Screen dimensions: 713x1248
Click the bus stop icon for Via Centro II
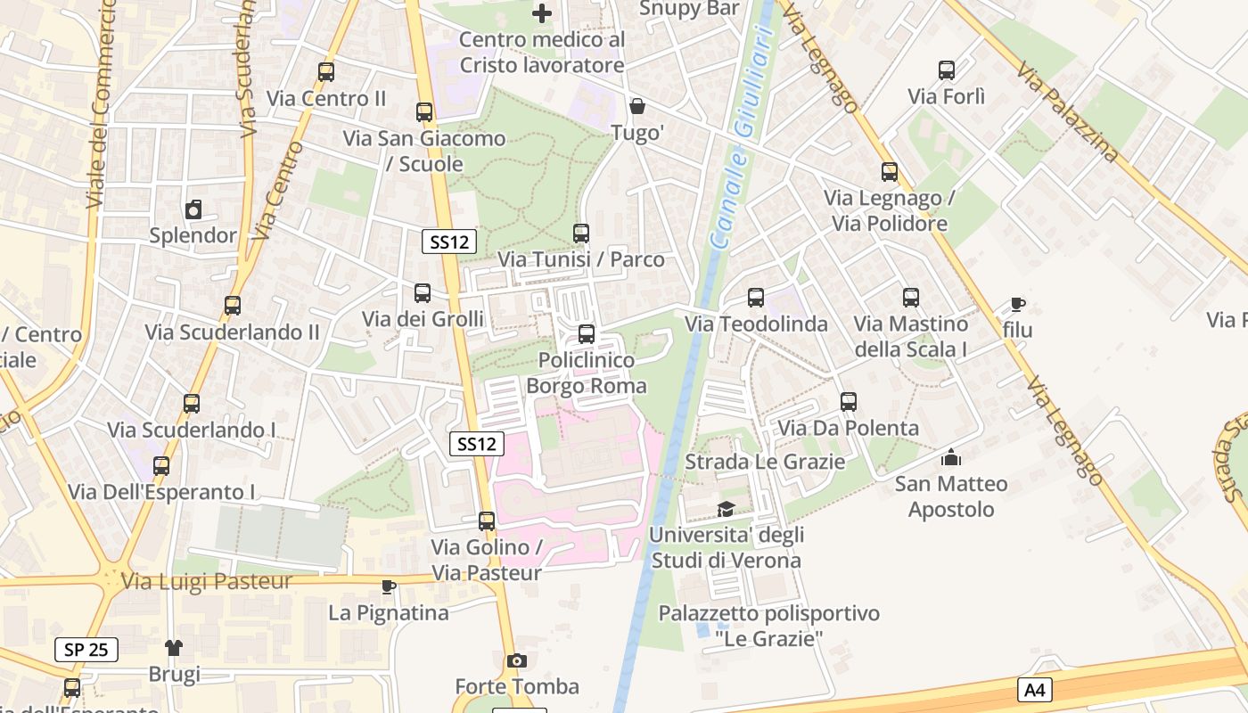coord(326,72)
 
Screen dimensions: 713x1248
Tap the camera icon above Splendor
coord(193,210)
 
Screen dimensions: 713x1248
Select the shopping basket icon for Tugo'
coord(637,107)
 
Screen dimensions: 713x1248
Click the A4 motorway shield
coord(1035,689)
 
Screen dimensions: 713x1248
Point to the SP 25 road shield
coord(86,650)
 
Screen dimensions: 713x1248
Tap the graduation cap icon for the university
coord(727,509)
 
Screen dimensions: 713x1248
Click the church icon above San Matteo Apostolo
coord(951,458)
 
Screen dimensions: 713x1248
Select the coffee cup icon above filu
coord(1017,305)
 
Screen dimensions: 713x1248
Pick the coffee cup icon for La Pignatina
coord(388,586)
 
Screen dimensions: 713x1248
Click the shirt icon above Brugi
coord(174,647)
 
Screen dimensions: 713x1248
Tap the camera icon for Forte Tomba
coord(516,660)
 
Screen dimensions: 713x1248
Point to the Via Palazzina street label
coord(1067,111)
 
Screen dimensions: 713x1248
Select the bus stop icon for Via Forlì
coord(947,70)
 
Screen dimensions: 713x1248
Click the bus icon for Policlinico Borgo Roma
coord(587,334)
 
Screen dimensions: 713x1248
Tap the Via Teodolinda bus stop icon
coord(756,298)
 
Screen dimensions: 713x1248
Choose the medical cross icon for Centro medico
coord(542,13)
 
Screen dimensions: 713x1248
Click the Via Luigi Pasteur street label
coord(207,582)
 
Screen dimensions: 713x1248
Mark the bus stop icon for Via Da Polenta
coord(849,402)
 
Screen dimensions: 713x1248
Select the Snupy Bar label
coord(690,9)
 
